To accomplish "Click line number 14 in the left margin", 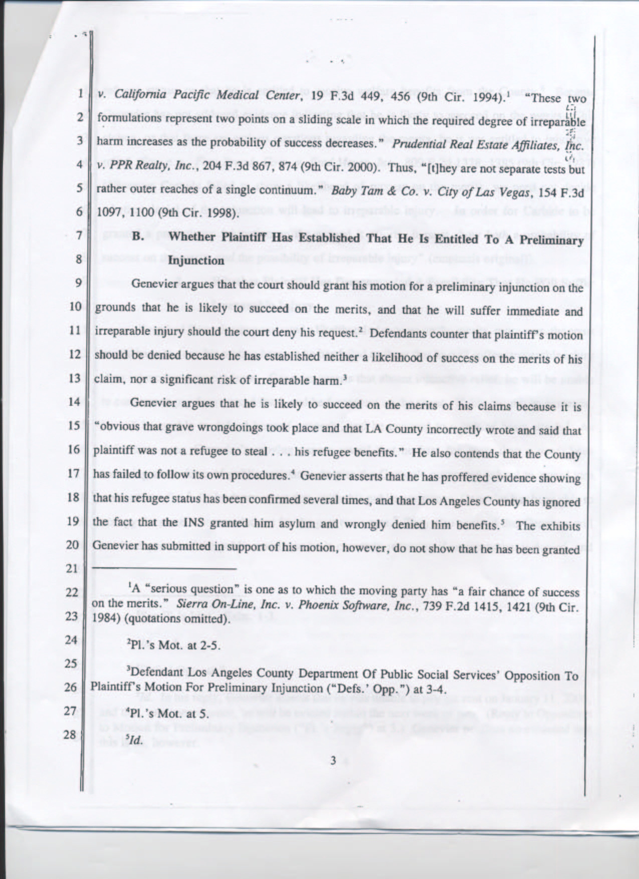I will click(74, 401).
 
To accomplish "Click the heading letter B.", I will click(138, 237).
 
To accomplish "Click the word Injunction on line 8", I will click(196, 260).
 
